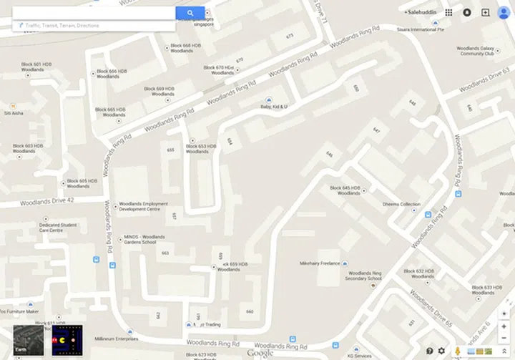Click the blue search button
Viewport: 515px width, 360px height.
[190, 12]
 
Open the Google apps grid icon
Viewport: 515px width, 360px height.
[448, 12]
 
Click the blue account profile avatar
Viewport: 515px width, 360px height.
[503, 12]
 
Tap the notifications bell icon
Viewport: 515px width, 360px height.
[467, 12]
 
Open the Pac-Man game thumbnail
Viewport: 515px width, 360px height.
[67, 341]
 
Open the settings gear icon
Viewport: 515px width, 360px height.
[441, 351]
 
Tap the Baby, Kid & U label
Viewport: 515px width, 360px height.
[273, 107]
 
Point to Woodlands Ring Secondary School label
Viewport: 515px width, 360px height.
[365, 276]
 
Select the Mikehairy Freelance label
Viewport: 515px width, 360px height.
[320, 263]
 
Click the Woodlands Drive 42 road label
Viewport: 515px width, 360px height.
[47, 201]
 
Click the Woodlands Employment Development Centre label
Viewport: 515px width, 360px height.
[143, 206]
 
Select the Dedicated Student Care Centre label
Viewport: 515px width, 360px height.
[58, 228]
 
